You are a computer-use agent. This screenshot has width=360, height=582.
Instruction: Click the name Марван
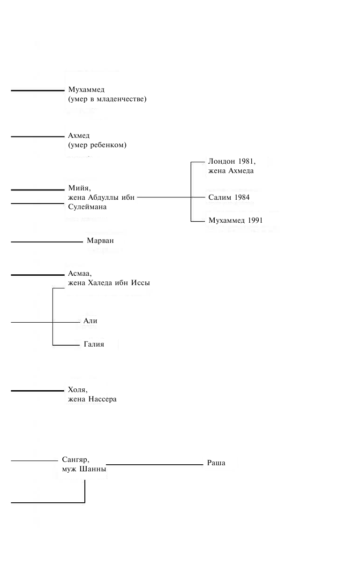(100, 241)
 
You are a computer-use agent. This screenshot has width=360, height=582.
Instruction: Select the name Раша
(216, 463)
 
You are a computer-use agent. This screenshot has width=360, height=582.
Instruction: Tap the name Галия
(94, 345)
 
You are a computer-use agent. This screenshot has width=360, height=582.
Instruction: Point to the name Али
(90, 321)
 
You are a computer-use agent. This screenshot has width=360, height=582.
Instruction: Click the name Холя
(77, 390)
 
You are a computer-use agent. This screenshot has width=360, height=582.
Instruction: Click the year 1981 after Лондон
(246, 162)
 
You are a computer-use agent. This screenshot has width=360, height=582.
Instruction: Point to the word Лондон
(222, 162)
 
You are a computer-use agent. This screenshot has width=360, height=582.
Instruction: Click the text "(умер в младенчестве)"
(107, 99)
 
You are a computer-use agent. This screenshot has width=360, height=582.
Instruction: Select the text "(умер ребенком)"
(97, 145)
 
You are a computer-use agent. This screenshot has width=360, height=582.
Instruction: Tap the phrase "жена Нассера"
(92, 400)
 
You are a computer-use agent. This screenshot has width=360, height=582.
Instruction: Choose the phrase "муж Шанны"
(83, 469)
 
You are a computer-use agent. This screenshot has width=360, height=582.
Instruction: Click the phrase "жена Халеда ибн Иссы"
(109, 283)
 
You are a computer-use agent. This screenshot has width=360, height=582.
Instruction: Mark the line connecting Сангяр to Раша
(155, 465)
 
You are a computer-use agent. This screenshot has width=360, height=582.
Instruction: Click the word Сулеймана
(87, 207)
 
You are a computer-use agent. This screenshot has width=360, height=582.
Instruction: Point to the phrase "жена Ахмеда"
(231, 171)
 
